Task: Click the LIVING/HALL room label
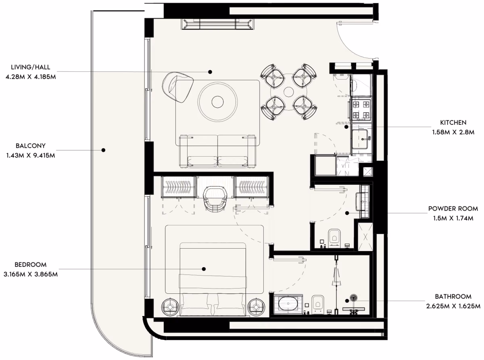[x=31, y=67]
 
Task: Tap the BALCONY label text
[x=31, y=146]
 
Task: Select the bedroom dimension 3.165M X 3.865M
[x=31, y=274]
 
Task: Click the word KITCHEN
[x=453, y=123]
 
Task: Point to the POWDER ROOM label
[x=453, y=209]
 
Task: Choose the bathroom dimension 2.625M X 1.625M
[x=453, y=306]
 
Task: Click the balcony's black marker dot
[x=103, y=150]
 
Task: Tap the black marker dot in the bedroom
[x=204, y=269]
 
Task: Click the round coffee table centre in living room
[x=217, y=102]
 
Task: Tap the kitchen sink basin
[x=360, y=139]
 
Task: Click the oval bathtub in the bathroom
[x=288, y=303]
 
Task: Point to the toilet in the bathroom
[x=318, y=304]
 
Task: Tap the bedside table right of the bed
[x=257, y=307]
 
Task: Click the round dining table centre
[x=289, y=92]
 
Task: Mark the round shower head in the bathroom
[x=353, y=297]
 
